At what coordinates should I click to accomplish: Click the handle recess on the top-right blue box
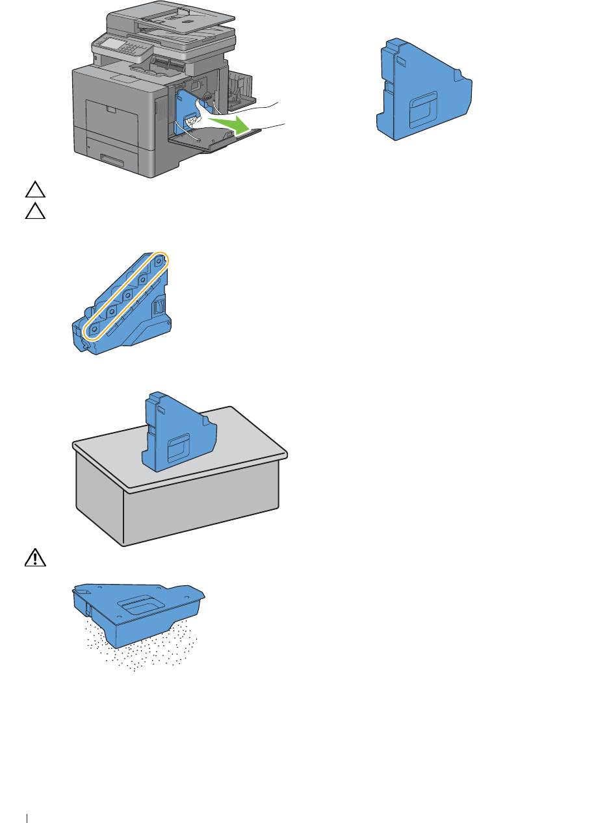point(422,105)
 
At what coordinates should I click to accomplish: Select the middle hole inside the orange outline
point(127,297)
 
